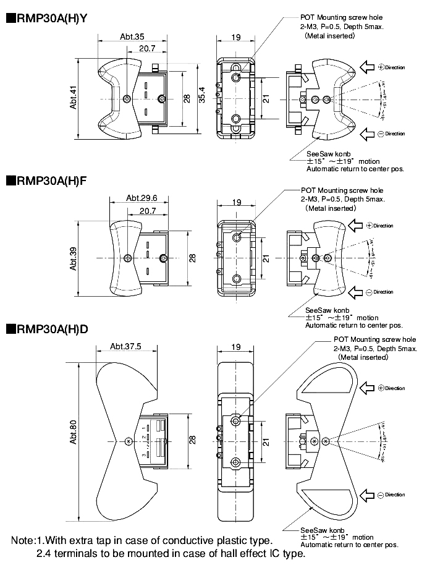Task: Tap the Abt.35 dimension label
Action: click(133, 36)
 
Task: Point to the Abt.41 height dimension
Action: click(73, 98)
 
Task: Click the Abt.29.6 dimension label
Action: click(142, 198)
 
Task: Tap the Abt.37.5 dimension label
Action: click(126, 346)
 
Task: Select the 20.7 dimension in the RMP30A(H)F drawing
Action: click(148, 211)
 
